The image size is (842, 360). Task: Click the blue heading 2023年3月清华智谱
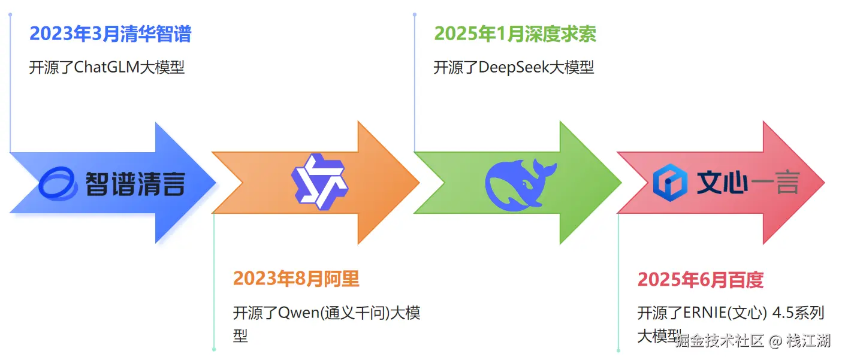pyautogui.click(x=110, y=34)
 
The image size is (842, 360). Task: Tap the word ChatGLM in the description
pyautogui.click(x=106, y=67)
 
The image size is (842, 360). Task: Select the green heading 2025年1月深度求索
pyautogui.click(x=515, y=34)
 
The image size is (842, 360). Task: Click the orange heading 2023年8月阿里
pyautogui.click(x=296, y=279)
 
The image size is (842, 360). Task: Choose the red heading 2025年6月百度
pyautogui.click(x=700, y=280)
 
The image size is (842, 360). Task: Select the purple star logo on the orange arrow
pyautogui.click(x=319, y=181)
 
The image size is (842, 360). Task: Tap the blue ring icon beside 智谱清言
pyautogui.click(x=58, y=183)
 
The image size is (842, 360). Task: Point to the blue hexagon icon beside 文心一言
pyautogui.click(x=669, y=183)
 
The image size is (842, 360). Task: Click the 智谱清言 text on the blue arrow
pyautogui.click(x=135, y=183)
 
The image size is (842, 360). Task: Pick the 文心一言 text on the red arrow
pyautogui.click(x=747, y=183)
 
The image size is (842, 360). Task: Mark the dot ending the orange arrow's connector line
pyautogui.click(x=214, y=349)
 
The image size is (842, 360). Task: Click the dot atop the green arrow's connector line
pyautogui.click(x=415, y=14)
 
